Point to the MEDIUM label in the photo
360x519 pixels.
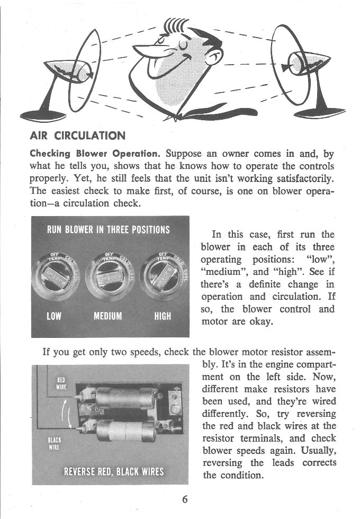point(107,316)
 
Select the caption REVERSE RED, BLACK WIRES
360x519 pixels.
point(113,472)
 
